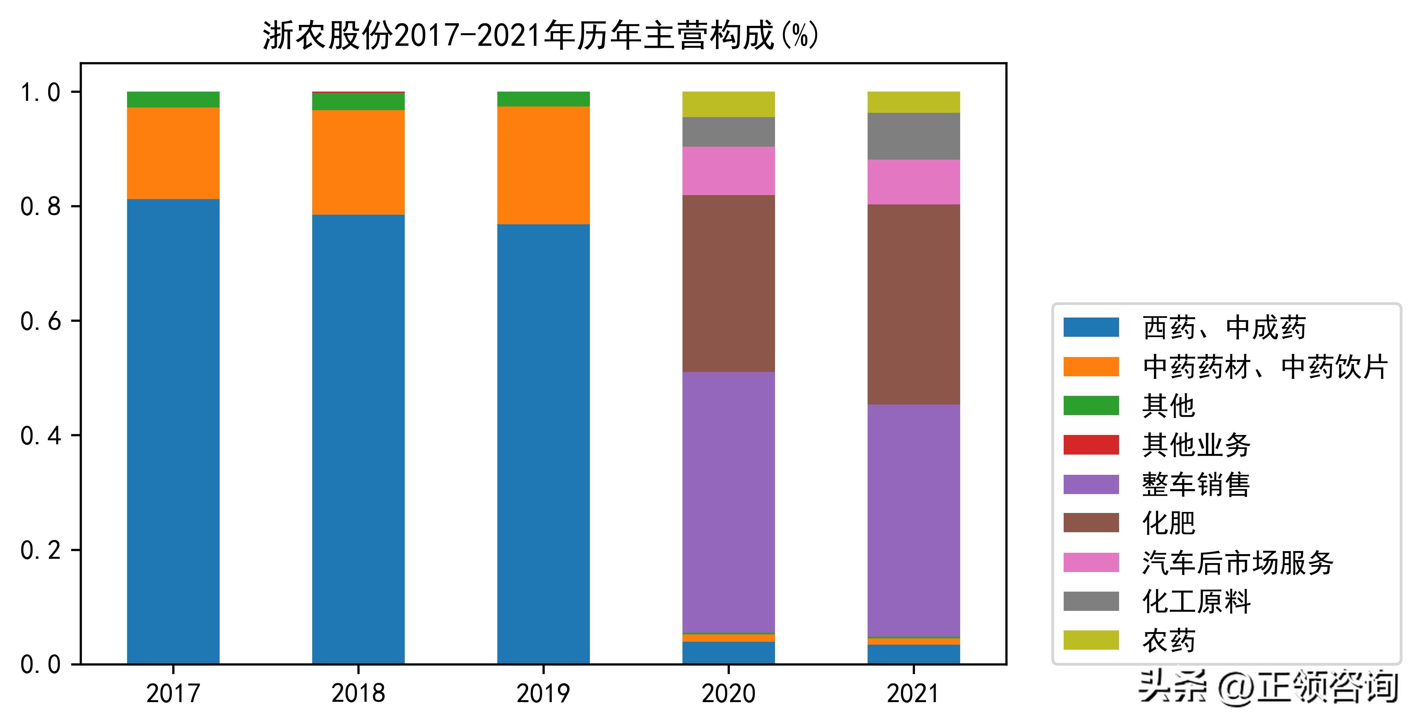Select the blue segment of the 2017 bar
pyautogui.click(x=173, y=430)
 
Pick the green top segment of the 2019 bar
pyautogui.click(x=543, y=99)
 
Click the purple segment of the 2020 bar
pyautogui.click(x=728, y=502)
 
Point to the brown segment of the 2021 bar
pyautogui.click(x=913, y=305)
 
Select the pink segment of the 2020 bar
pyautogui.click(x=728, y=171)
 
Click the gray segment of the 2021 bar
pyautogui.click(x=913, y=136)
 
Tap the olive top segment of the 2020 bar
pyautogui.click(x=728, y=104)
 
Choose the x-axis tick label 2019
pyautogui.click(x=543, y=693)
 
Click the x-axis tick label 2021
pyautogui.click(x=913, y=693)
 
